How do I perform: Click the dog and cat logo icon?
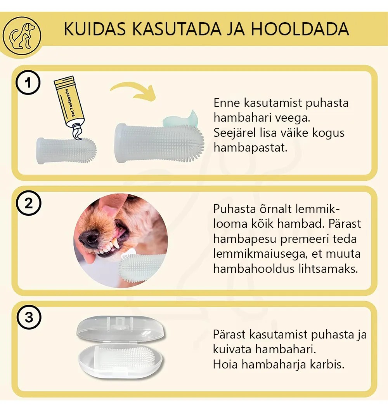[x=22, y=35]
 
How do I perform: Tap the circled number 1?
[x=28, y=82]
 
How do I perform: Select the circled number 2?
[x=28, y=203]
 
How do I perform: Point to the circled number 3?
[x=29, y=317]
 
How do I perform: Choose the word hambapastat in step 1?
[x=250, y=148]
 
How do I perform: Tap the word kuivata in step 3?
[x=232, y=349]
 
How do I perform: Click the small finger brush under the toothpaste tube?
[x=66, y=150]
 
